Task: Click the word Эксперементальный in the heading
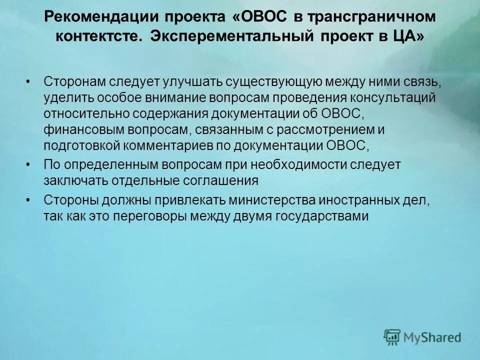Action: point(229,37)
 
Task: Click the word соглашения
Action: point(215,181)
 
